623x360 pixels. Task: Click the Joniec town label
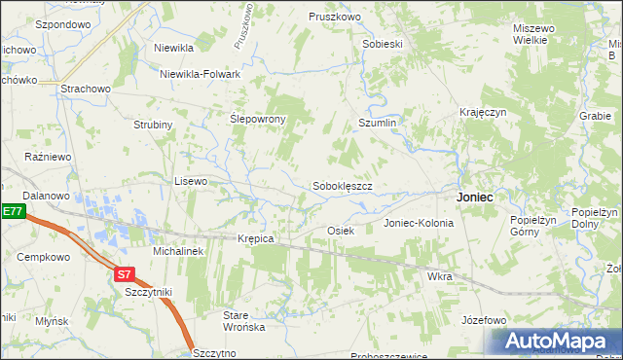pos(474,197)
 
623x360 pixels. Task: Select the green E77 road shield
pos(11,211)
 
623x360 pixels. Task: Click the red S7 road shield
pos(124,274)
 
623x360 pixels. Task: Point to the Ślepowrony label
pos(257,119)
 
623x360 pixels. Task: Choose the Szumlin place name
pos(378,124)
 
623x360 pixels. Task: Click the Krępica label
pos(256,238)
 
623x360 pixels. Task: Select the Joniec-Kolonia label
pos(419,223)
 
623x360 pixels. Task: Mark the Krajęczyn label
pos(484,113)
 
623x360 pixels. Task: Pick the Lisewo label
pos(190,181)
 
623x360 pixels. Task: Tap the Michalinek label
pos(177,251)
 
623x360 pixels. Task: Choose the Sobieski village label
pos(382,45)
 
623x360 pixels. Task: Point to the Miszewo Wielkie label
pos(534,35)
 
